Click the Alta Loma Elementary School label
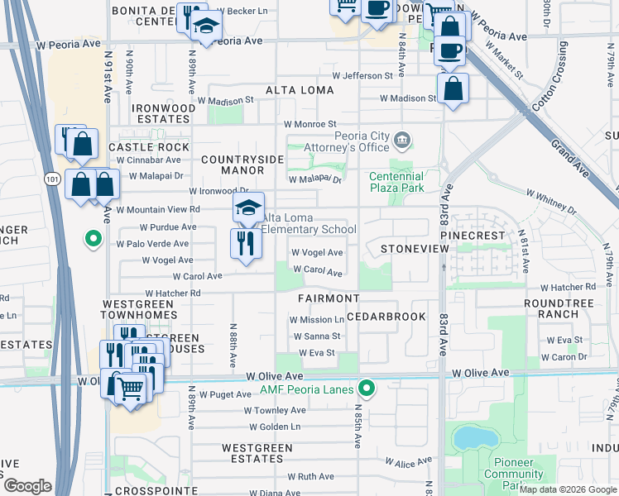(309, 223)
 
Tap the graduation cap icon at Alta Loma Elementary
(248, 209)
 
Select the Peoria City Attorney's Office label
(362, 142)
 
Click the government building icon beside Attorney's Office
(402, 138)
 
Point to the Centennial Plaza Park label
(396, 182)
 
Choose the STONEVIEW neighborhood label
(408, 248)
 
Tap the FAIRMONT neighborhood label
(329, 298)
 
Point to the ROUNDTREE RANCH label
(559, 308)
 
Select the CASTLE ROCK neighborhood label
(149, 146)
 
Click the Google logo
(28, 486)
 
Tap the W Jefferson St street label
(362, 76)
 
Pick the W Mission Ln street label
(316, 319)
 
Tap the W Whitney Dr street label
(551, 199)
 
